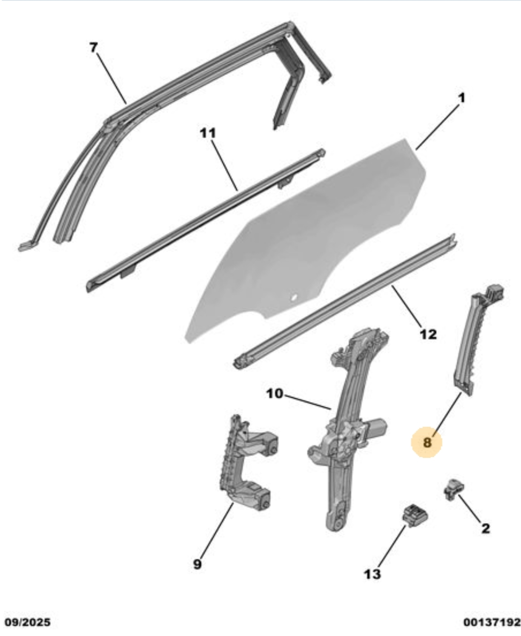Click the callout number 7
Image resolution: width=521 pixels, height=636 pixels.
click(x=94, y=48)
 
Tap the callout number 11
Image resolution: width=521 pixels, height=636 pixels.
click(x=208, y=133)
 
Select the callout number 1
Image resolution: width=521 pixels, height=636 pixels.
click(x=461, y=98)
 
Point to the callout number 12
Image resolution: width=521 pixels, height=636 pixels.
click(x=428, y=335)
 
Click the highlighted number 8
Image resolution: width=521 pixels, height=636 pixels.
click(x=427, y=443)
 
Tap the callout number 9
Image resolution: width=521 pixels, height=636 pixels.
click(x=197, y=564)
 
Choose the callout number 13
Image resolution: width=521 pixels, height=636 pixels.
click(x=372, y=574)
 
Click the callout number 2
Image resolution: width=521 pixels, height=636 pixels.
click(x=485, y=528)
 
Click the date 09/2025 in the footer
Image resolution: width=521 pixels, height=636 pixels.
click(x=28, y=622)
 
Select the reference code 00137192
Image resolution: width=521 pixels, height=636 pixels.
click(x=492, y=622)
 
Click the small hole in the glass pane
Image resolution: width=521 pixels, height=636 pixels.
click(x=293, y=298)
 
